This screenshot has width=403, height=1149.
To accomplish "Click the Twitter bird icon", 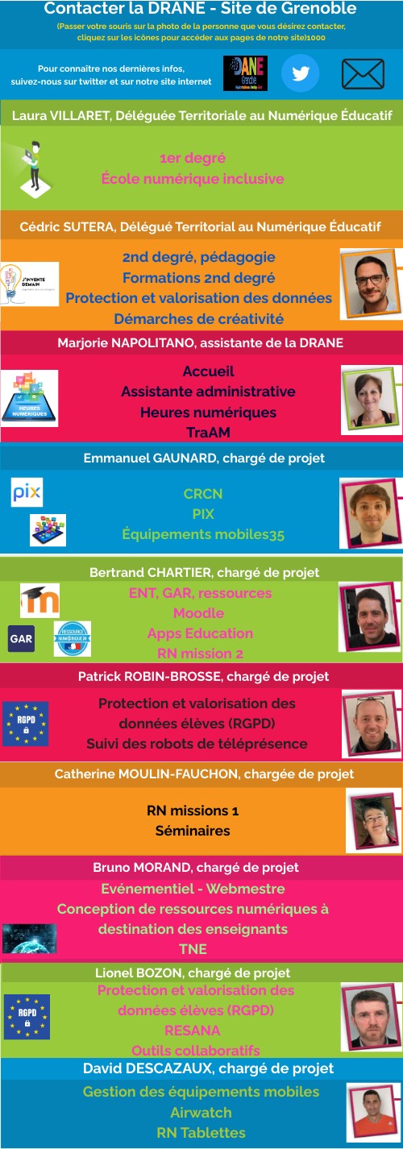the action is tap(301, 74).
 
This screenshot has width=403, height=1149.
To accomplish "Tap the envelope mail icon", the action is tap(363, 74).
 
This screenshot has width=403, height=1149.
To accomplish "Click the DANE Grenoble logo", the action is tap(245, 73).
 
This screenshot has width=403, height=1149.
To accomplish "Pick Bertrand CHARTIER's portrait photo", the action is tap(370, 617).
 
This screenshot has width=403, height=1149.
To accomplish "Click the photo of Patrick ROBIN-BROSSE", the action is tap(372, 720).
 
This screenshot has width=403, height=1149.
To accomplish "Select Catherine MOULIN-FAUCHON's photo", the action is tap(372, 820).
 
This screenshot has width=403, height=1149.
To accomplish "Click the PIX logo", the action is tap(27, 493).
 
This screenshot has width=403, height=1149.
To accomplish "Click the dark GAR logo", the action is tap(21, 638).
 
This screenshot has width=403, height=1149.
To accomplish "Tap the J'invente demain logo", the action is tap(30, 284).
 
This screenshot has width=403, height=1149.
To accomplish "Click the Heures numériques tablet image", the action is tap(30, 398).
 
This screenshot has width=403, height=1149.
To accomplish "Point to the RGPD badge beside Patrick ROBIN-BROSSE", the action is tap(25, 724).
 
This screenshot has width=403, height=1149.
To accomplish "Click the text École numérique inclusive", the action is tap(193, 179).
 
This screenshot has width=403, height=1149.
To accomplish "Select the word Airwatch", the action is tap(201, 1112).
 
